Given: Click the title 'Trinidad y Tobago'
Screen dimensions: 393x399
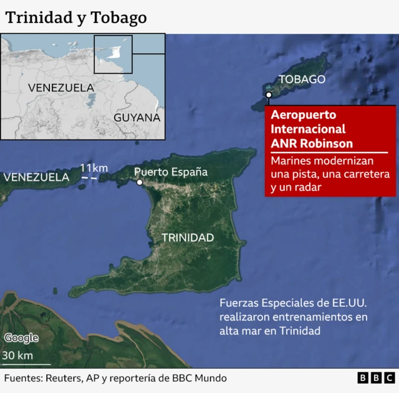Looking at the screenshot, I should coord(76,17).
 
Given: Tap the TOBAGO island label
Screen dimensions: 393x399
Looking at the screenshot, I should coord(302,79).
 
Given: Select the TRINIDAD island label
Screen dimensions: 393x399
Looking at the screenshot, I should coord(188,237).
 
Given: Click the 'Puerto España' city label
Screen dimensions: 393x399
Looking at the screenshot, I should coord(171,172).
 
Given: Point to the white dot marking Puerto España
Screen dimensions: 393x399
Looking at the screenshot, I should coord(140,182).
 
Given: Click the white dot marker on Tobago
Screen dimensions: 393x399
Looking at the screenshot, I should coord(268,95).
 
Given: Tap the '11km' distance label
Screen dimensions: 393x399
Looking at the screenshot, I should coord(94,168).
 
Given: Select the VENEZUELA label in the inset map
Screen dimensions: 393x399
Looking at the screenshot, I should coord(60,87).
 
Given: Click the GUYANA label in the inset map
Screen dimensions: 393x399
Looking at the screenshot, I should coord(137,117).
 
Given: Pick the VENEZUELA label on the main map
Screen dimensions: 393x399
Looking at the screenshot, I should coord(36,177).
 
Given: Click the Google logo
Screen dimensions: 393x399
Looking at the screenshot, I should coord(21,338).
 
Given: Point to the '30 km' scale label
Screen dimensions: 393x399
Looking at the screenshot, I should coord(17,356).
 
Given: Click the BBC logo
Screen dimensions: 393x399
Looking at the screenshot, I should coord(375,378).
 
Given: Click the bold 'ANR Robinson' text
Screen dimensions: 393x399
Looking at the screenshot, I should coord(312,144).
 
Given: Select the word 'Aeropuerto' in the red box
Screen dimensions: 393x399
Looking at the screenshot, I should coord(304,115).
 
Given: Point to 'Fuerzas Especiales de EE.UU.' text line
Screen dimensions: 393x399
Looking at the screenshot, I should coord(293,303).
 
